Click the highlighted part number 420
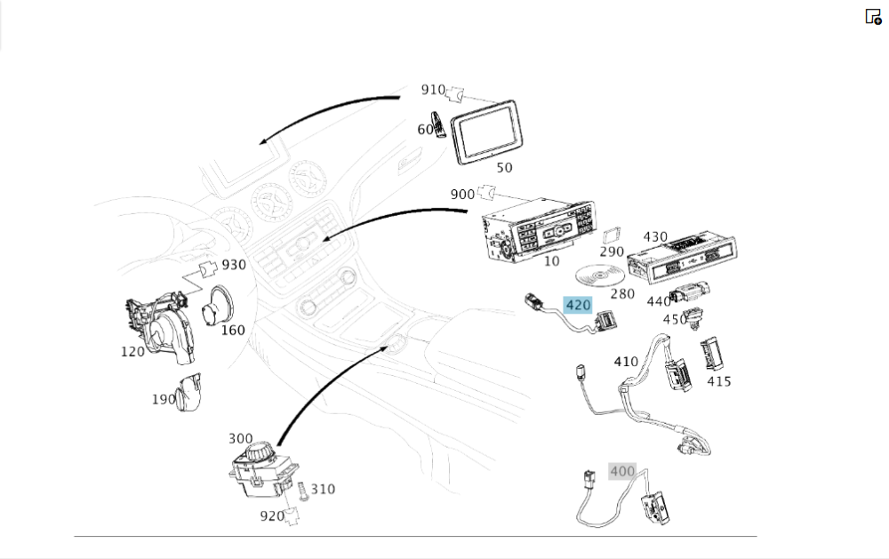click(x=578, y=305)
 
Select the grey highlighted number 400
click(x=622, y=471)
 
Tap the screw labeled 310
click(x=303, y=491)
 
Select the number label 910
click(x=433, y=90)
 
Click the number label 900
click(x=462, y=194)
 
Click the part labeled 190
click(x=188, y=392)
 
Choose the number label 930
click(x=234, y=265)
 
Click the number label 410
click(x=626, y=362)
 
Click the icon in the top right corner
click(x=873, y=17)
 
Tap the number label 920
click(x=272, y=515)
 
